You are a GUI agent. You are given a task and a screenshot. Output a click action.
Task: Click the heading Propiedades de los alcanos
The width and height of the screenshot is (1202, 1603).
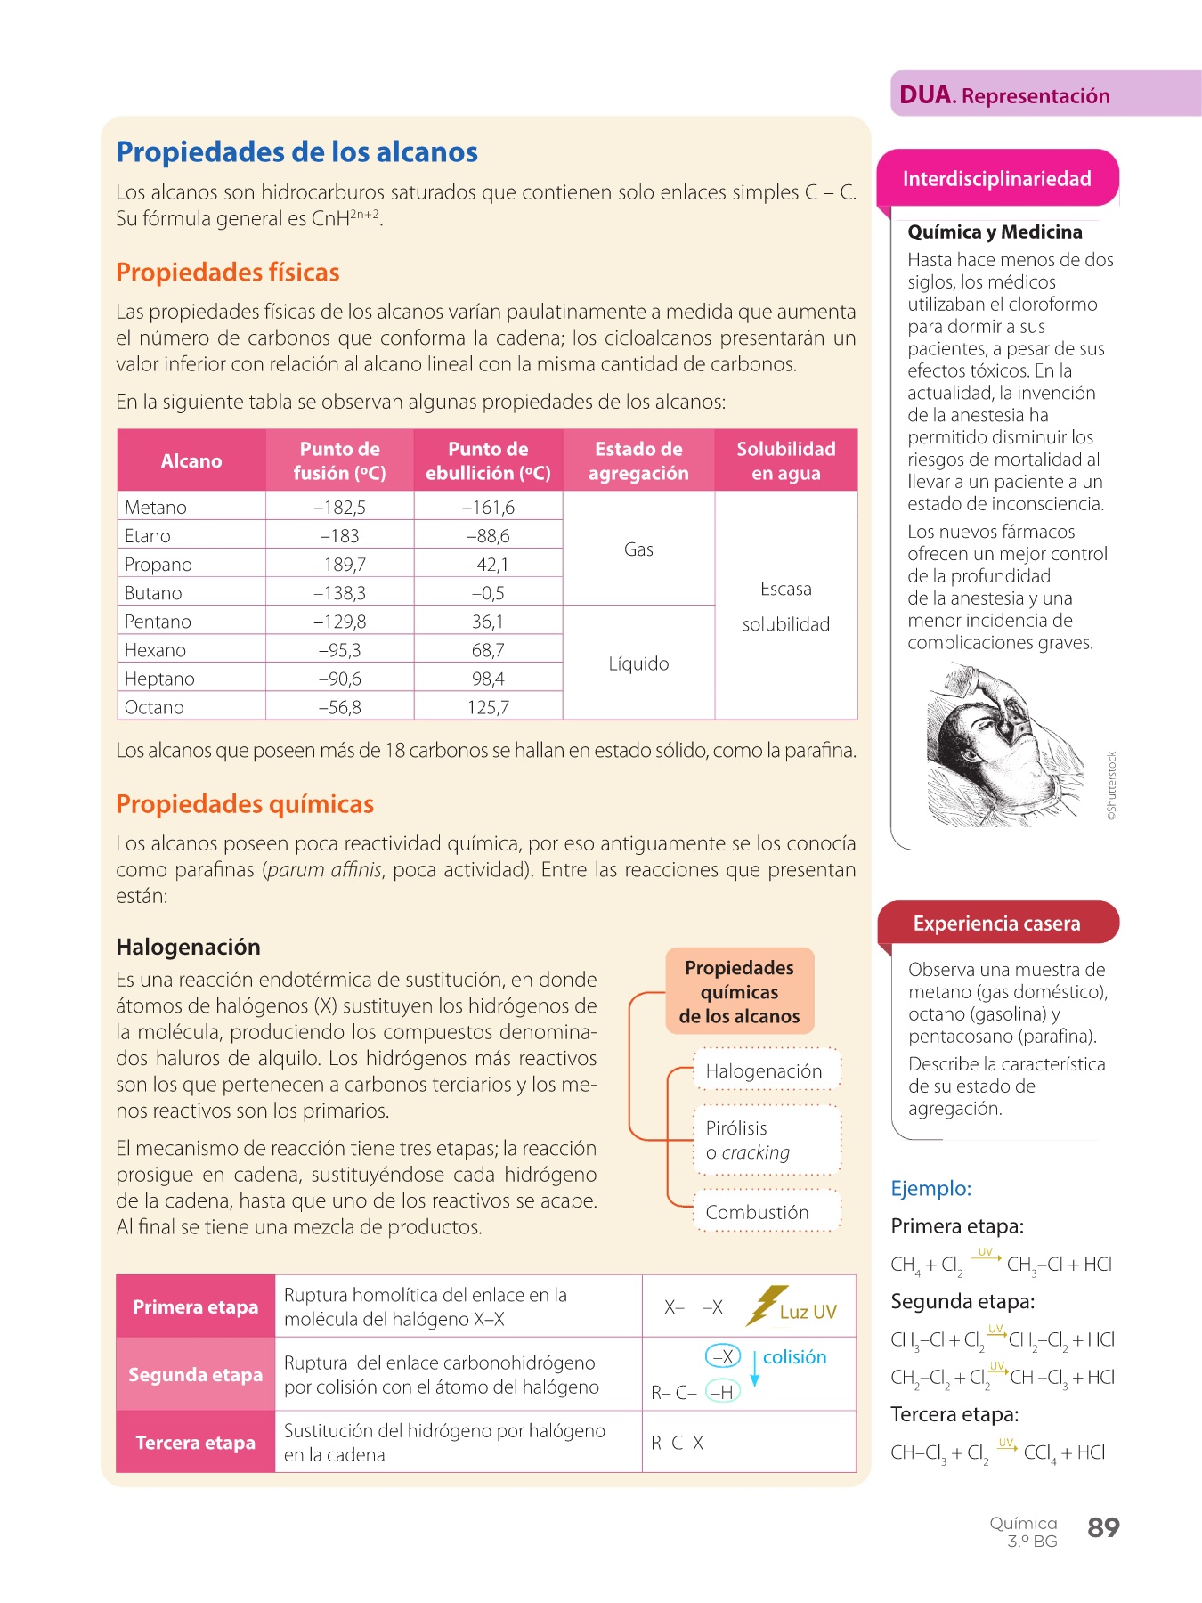coord(296,152)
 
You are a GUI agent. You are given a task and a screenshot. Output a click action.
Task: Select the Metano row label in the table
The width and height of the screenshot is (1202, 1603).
coord(156,508)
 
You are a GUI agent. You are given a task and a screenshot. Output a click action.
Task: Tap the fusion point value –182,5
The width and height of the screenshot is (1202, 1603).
coord(339,508)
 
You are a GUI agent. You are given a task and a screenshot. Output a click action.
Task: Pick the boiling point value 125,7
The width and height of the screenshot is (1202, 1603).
coord(488,707)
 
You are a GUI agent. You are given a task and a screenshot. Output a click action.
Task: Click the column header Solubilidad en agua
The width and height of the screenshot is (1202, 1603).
coord(785,460)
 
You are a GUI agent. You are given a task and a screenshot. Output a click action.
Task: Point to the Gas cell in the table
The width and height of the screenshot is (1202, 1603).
coord(638,549)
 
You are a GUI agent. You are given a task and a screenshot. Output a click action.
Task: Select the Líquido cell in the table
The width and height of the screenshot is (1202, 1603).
coord(638,663)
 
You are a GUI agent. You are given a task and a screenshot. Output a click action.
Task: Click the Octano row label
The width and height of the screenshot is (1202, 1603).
coord(154,707)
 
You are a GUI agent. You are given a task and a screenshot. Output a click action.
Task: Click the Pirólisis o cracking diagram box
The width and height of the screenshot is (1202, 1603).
coord(766,1140)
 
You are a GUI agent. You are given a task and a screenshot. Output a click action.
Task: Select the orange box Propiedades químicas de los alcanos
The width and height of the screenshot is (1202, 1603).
coord(739,991)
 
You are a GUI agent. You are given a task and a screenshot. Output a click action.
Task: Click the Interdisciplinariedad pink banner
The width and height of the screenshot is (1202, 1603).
coord(996,179)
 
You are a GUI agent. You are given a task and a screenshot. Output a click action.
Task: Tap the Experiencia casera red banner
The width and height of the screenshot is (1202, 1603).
coord(996,924)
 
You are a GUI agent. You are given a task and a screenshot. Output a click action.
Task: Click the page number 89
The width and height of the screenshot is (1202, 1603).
coord(1103,1527)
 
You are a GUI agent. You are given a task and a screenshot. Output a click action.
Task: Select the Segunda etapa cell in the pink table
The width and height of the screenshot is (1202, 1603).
coord(195,1374)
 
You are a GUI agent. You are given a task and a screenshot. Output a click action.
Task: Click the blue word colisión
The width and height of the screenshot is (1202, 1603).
coord(794,1357)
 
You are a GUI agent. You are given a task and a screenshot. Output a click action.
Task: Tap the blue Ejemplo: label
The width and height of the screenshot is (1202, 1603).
coord(930,1188)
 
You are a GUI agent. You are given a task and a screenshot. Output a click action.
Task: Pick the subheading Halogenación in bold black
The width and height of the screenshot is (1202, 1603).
coord(188,947)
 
